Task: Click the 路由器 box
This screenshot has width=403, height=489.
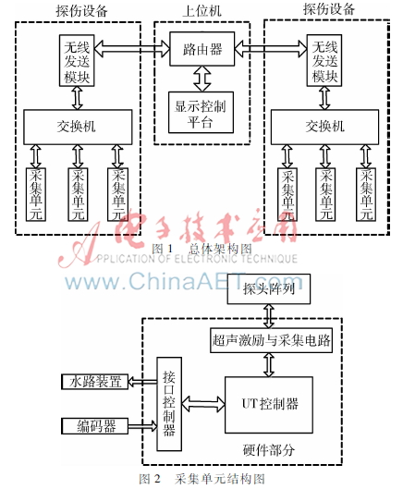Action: click(201, 49)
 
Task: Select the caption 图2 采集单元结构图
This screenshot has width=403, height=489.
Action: click(201, 479)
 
